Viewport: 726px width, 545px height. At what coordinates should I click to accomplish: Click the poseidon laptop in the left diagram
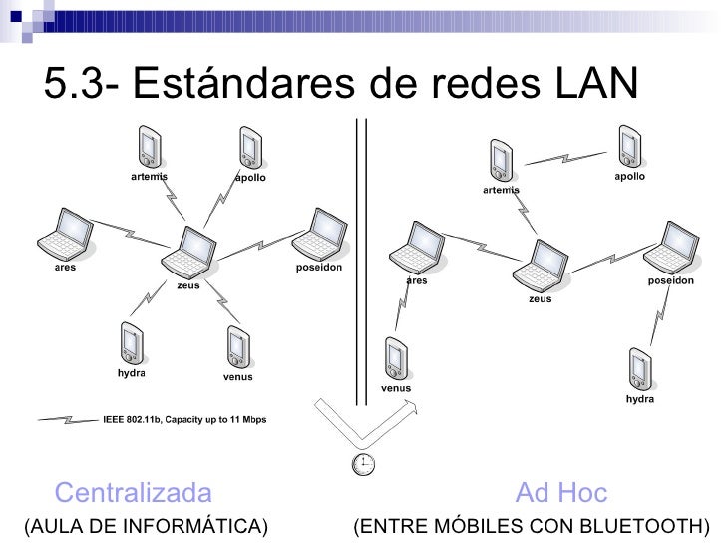[x=318, y=236]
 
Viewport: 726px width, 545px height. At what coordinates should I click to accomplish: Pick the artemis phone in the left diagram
[x=151, y=147]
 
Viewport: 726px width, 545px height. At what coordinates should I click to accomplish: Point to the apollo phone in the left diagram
[x=250, y=148]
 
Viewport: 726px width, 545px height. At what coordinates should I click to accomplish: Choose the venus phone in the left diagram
[x=237, y=347]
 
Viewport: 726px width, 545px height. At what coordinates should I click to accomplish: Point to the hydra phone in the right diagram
[x=639, y=366]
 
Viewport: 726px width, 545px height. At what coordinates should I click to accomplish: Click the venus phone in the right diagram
[x=396, y=357]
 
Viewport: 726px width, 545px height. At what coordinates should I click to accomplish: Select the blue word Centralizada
[x=134, y=493]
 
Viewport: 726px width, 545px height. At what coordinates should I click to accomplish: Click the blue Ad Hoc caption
[x=560, y=493]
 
